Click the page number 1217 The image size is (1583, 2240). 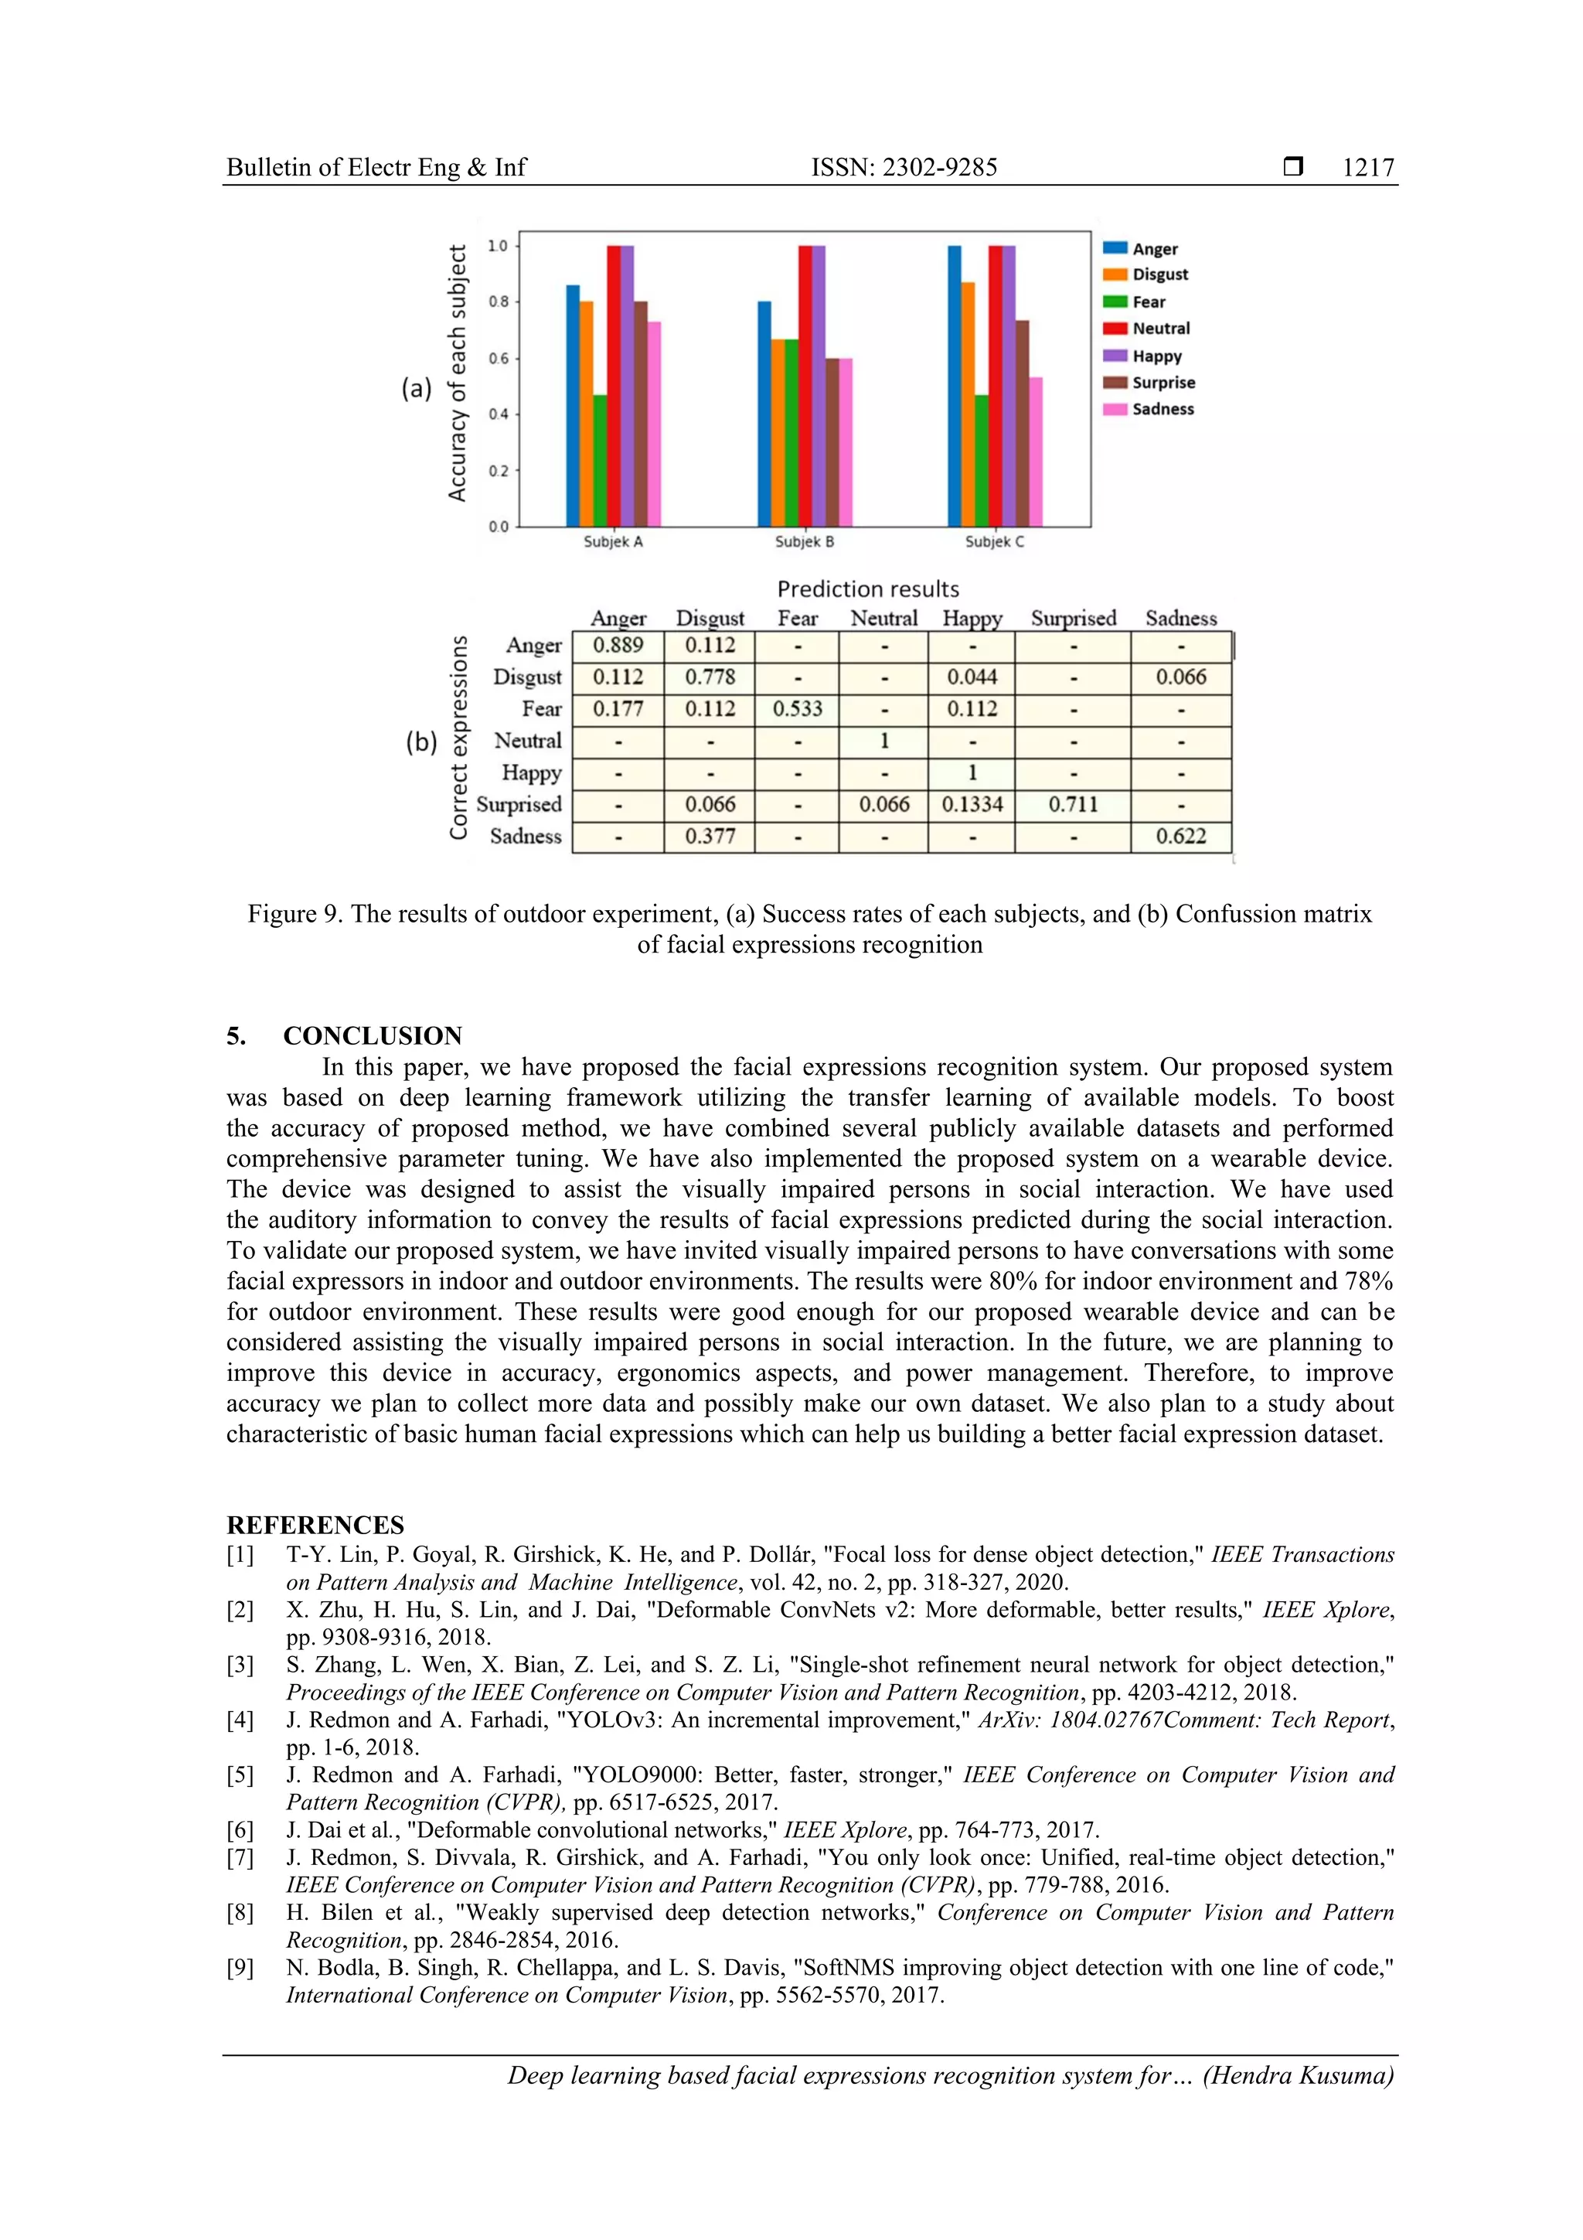pyautogui.click(x=1367, y=168)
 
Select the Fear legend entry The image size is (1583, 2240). pyautogui.click(x=1148, y=302)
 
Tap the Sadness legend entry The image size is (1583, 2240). pyautogui.click(x=1162, y=410)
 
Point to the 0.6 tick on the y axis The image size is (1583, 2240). pyautogui.click(x=499, y=359)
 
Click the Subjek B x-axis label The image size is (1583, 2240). pyautogui.click(x=804, y=541)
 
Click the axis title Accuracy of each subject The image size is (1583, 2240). pyautogui.click(x=457, y=373)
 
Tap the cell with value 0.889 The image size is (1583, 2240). pyautogui.click(x=618, y=646)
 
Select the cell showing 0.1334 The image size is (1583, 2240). pyautogui.click(x=972, y=805)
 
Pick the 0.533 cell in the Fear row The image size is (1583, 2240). pyautogui.click(x=797, y=709)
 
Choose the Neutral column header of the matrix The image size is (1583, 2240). pyautogui.click(x=883, y=619)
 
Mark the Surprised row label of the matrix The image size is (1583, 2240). pyautogui.click(x=519, y=805)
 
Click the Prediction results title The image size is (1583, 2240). pyautogui.click(x=867, y=589)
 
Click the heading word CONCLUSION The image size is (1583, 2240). pyautogui.click(x=373, y=1036)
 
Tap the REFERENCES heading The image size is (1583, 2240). pyautogui.click(x=315, y=1526)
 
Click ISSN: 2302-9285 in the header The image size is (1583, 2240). pyautogui.click(x=904, y=168)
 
